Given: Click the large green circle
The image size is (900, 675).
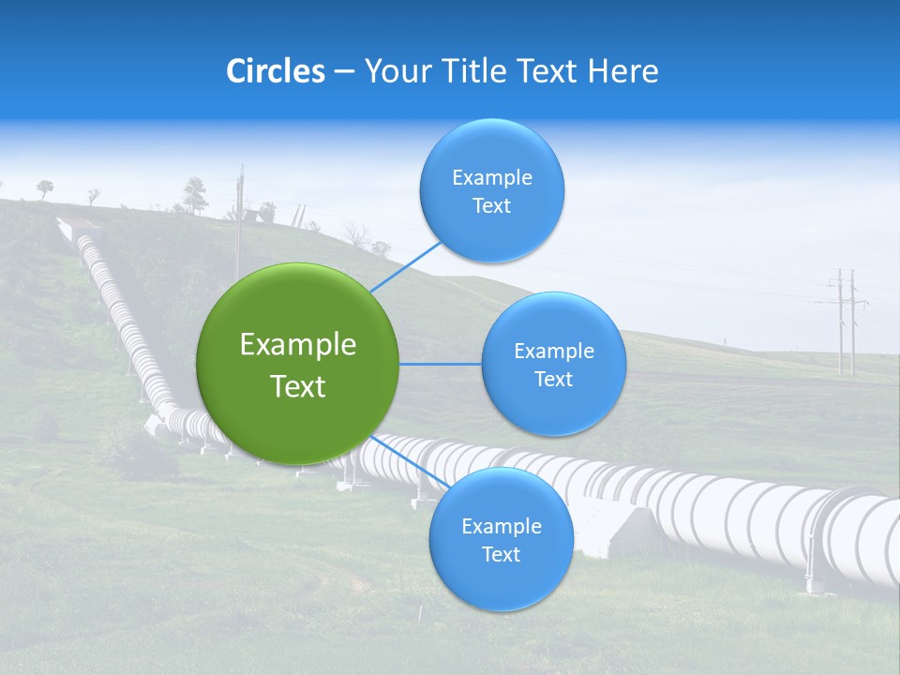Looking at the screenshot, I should coord(298,364).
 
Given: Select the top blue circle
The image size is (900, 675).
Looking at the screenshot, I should coord(491,191).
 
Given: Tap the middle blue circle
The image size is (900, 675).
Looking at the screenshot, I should coord(553,364).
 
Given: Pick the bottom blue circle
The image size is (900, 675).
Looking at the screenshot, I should coord(501,539).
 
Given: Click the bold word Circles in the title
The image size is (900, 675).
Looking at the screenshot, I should coord(276,71).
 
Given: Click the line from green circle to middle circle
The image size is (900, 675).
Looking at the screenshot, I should coord(440,364).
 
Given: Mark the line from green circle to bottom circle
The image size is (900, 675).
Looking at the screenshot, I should coord(410,460).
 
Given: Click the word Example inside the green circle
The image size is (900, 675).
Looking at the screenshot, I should coord(298,345).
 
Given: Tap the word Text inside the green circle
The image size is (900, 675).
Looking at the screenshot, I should coord(298,386).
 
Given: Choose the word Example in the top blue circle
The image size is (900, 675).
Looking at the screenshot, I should coord(491,178).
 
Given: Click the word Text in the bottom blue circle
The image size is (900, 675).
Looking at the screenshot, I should coord(501,554).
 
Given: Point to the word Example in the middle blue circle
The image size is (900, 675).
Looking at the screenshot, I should coord(553,352).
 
